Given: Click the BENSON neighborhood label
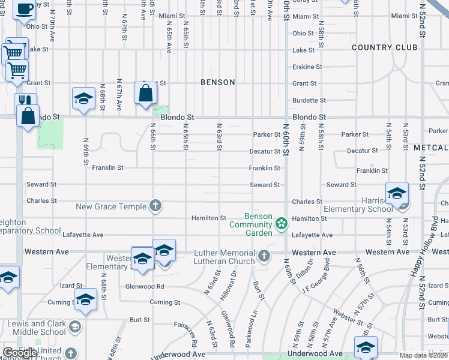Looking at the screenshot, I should click(x=217, y=82).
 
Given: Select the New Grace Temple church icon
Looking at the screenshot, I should click(x=155, y=206).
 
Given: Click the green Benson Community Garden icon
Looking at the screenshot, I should click(x=280, y=224).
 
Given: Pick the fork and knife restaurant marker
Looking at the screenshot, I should click(x=25, y=101).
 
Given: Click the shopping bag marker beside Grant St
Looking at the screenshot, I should click(x=146, y=93).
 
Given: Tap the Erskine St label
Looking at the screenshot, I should click(x=307, y=67).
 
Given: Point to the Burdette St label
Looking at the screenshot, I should click(x=309, y=100).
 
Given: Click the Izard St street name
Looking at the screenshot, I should click(x=71, y=285).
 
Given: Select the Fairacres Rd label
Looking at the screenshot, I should click(x=193, y=335).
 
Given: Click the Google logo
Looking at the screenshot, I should click(x=20, y=353).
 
